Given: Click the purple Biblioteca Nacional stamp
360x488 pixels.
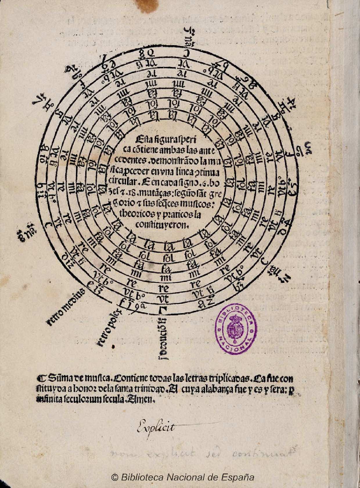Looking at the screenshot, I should pyautogui.click(x=236, y=329).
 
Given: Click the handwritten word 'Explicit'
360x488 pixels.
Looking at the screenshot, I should pyautogui.click(x=156, y=428).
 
